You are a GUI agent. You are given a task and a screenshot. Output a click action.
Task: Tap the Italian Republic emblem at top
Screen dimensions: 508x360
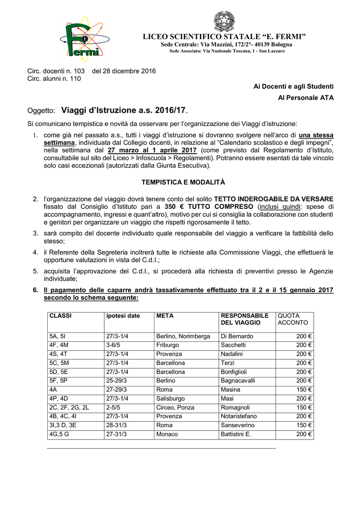224,21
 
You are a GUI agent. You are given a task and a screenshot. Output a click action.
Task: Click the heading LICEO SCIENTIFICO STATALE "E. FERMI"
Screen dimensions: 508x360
224,37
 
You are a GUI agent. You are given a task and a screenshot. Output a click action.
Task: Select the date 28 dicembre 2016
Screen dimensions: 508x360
124,71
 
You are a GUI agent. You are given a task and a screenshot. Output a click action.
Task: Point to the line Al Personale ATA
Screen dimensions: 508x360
305,98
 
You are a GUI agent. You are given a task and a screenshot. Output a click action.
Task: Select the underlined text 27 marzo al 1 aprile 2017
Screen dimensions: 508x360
152,150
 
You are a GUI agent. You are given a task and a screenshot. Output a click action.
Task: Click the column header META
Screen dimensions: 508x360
164,316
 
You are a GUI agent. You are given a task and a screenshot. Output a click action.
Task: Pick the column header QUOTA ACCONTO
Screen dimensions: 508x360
289,319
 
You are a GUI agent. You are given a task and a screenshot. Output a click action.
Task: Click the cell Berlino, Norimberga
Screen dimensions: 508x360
183,336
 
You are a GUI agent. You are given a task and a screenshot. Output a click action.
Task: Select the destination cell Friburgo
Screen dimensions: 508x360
168,345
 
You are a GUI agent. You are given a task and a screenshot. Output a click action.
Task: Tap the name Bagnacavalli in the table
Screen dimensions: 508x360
238,381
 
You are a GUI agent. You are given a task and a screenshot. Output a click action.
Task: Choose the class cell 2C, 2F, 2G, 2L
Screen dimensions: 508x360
69,407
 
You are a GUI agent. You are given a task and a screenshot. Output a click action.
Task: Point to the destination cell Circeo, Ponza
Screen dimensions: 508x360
175,407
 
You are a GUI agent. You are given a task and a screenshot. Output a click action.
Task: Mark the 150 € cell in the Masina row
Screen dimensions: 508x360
304,389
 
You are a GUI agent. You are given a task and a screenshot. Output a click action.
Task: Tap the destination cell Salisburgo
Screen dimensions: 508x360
170,398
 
